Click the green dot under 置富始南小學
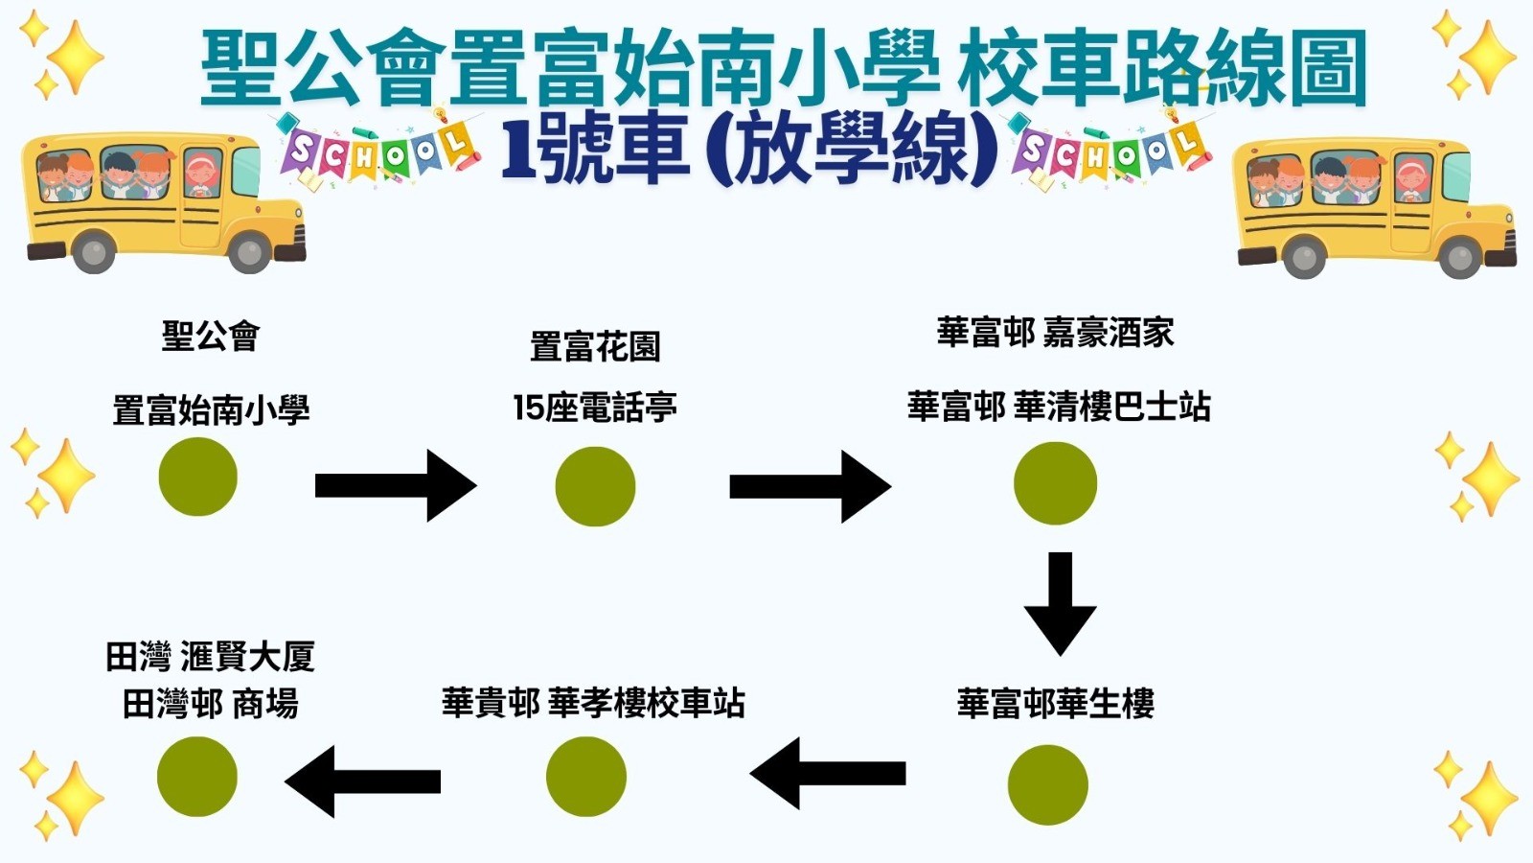tap(197, 477)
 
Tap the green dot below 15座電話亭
tap(595, 486)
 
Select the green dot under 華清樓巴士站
tap(1055, 483)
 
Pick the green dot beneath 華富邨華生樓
tap(1047, 784)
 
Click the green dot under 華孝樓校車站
tap(585, 777)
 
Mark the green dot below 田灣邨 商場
tap(197, 777)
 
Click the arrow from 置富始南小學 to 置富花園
tap(395, 486)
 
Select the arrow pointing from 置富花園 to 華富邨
tap(810, 487)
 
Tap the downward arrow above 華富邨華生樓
tap(1060, 603)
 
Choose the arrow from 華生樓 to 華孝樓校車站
tap(829, 773)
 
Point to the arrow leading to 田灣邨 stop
tap(363, 781)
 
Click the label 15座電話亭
tap(595, 408)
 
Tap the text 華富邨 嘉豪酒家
tap(1055, 333)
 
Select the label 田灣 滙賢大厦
tap(210, 657)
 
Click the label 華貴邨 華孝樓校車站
tap(593, 703)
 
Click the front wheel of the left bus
tap(249, 252)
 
